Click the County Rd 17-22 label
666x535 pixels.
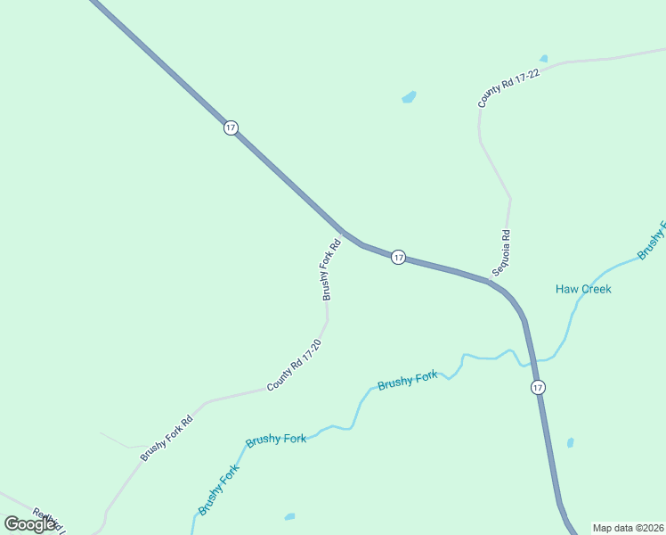click(x=509, y=88)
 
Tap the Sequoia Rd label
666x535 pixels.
click(x=501, y=253)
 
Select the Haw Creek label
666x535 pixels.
click(x=583, y=289)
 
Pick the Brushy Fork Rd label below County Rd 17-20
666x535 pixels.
click(x=166, y=440)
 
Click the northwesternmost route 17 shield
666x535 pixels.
click(x=231, y=128)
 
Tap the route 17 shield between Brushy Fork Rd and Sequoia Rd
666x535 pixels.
click(x=398, y=258)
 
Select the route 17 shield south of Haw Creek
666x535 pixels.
click(x=538, y=387)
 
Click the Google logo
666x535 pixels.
click(x=29, y=524)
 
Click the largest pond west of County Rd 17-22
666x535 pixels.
click(x=409, y=96)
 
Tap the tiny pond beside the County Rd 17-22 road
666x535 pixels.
click(x=543, y=59)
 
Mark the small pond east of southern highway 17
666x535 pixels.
click(x=570, y=442)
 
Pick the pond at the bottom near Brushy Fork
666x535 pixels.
click(x=288, y=516)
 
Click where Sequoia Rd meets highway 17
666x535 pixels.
click(x=489, y=282)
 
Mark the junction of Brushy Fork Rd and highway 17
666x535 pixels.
click(x=342, y=231)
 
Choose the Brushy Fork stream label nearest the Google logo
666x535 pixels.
click(x=219, y=490)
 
